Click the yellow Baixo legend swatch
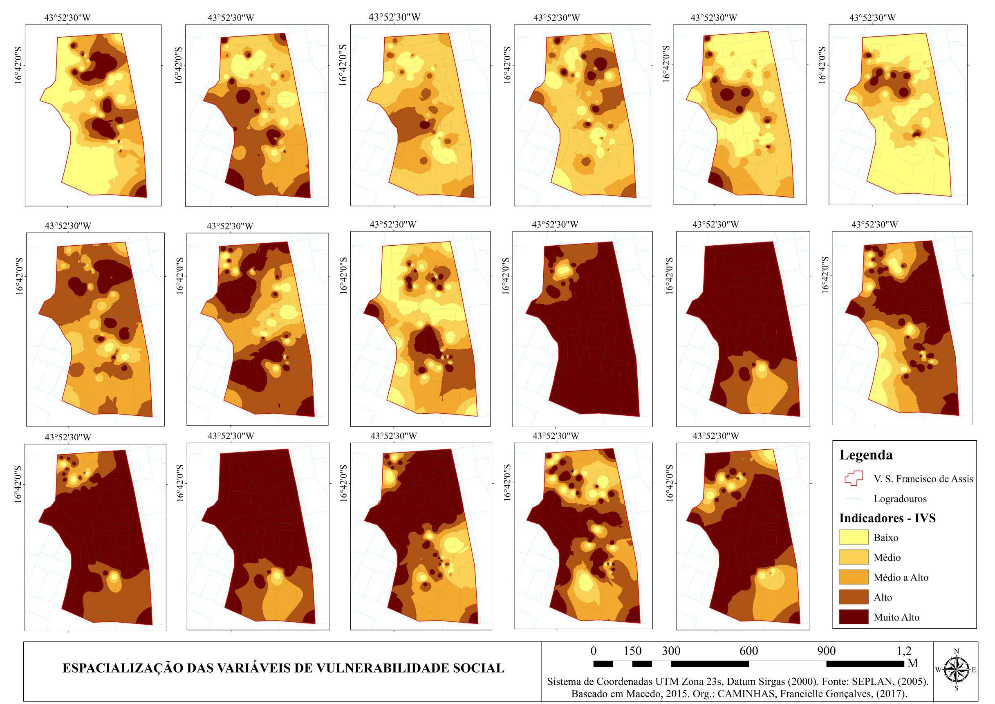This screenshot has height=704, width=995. (853, 537)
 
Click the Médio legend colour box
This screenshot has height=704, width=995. (853, 557)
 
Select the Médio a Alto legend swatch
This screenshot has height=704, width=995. (853, 577)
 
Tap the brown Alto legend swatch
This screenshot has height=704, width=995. (853, 597)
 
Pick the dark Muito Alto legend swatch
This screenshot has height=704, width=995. (853, 617)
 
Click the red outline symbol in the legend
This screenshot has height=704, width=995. (853, 478)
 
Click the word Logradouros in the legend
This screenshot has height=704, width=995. (900, 498)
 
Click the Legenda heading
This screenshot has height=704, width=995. (865, 455)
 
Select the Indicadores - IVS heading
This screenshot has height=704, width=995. (887, 518)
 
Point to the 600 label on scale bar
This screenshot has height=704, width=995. (748, 651)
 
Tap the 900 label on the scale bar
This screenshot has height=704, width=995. (826, 651)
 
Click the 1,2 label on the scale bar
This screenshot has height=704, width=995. (903, 651)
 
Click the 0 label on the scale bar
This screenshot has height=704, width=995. (593, 651)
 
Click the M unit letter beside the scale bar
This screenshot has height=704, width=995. (912, 663)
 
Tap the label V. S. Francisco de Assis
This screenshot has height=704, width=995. (923, 479)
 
